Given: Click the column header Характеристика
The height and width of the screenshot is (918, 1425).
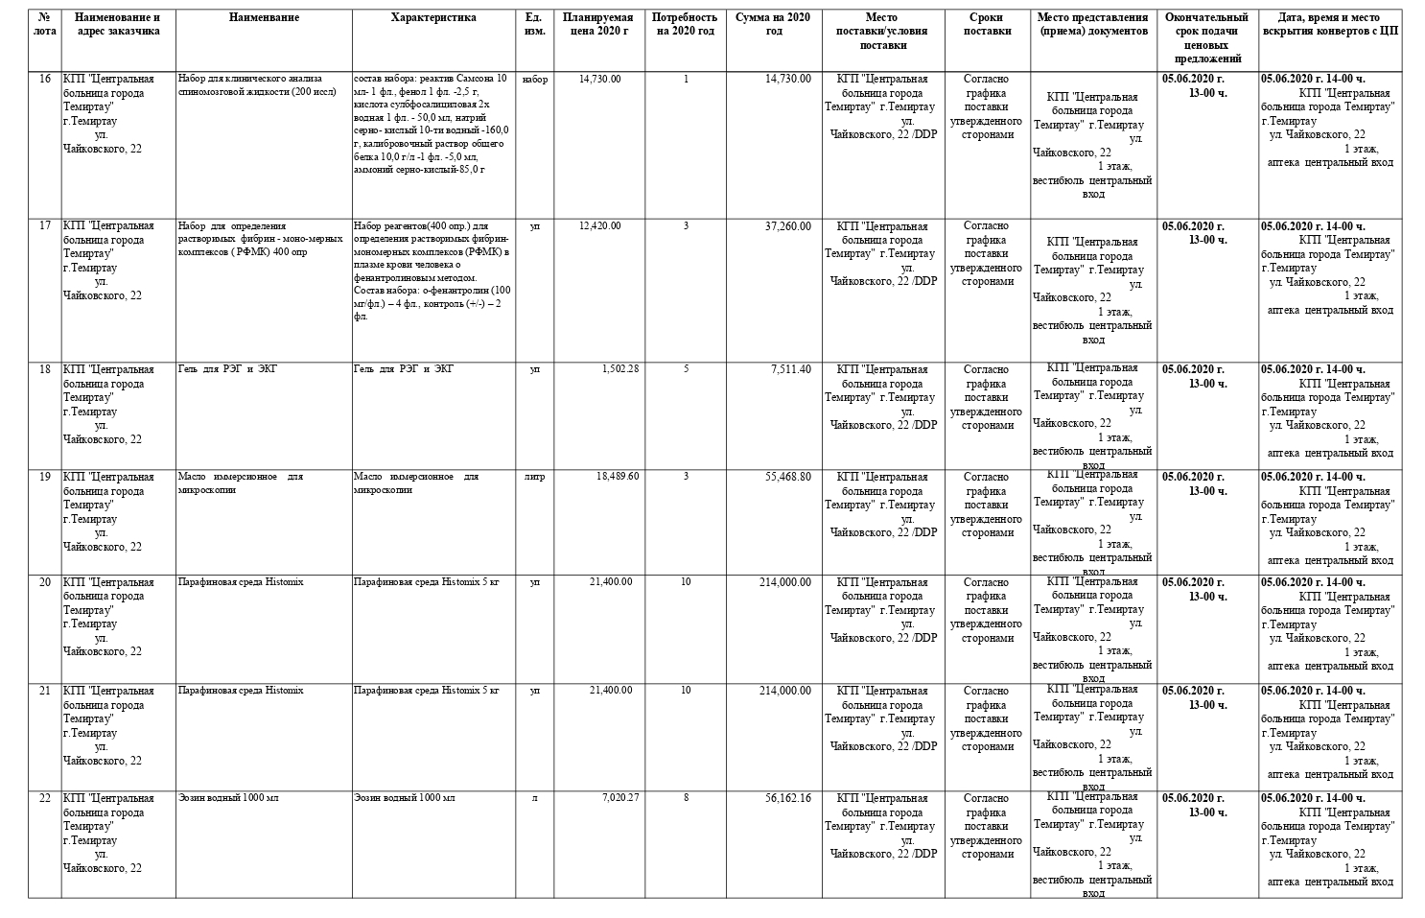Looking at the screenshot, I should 433,18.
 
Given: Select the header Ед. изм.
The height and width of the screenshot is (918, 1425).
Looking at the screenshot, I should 534,24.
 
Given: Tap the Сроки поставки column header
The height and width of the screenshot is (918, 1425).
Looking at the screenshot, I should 987,24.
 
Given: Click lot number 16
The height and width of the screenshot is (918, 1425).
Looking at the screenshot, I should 44,80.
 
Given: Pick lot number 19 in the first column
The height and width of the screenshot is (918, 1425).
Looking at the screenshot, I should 44,477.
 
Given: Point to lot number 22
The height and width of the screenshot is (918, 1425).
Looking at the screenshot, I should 44,798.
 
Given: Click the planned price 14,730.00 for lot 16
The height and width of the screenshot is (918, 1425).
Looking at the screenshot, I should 599,80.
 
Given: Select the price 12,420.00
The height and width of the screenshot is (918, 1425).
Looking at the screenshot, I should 599,226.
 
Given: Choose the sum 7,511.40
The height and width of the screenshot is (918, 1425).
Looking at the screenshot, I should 790,369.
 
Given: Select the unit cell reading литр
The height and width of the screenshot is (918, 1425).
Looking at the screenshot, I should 534,477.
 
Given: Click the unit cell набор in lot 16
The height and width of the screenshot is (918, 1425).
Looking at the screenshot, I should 534,80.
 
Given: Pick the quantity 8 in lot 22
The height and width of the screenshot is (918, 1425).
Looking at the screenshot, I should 686,798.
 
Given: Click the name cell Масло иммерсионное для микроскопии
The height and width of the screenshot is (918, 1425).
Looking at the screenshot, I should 241,483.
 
